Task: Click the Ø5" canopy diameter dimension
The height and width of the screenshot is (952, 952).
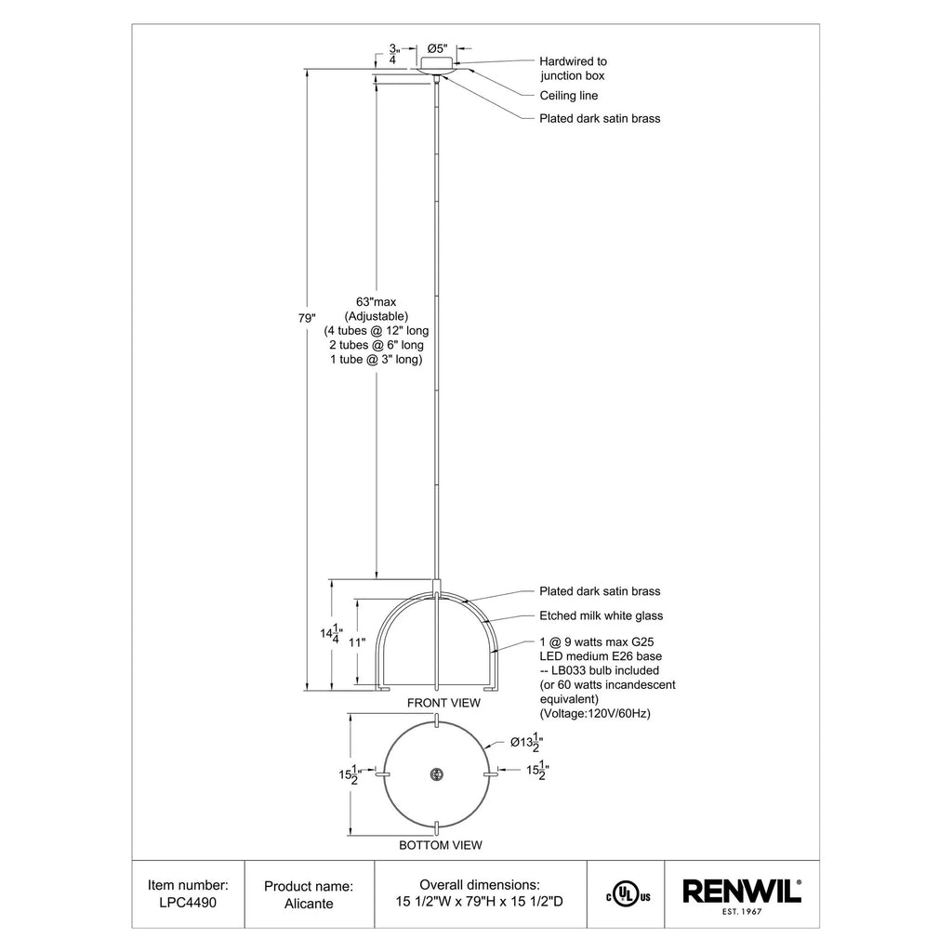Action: click(x=437, y=48)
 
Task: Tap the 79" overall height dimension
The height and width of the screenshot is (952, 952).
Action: click(x=307, y=318)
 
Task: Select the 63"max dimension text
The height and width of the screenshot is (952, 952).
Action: click(x=376, y=302)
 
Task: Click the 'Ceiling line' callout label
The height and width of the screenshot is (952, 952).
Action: click(x=568, y=96)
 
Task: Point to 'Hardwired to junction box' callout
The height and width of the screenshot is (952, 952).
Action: click(x=573, y=68)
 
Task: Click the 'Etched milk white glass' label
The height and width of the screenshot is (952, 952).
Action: click(x=602, y=615)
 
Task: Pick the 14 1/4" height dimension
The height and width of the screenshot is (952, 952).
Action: click(x=331, y=634)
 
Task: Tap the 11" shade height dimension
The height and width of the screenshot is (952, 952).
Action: click(x=357, y=642)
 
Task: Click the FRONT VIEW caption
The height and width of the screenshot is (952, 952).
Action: click(x=443, y=703)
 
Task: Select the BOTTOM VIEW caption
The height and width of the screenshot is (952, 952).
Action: click(x=440, y=845)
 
